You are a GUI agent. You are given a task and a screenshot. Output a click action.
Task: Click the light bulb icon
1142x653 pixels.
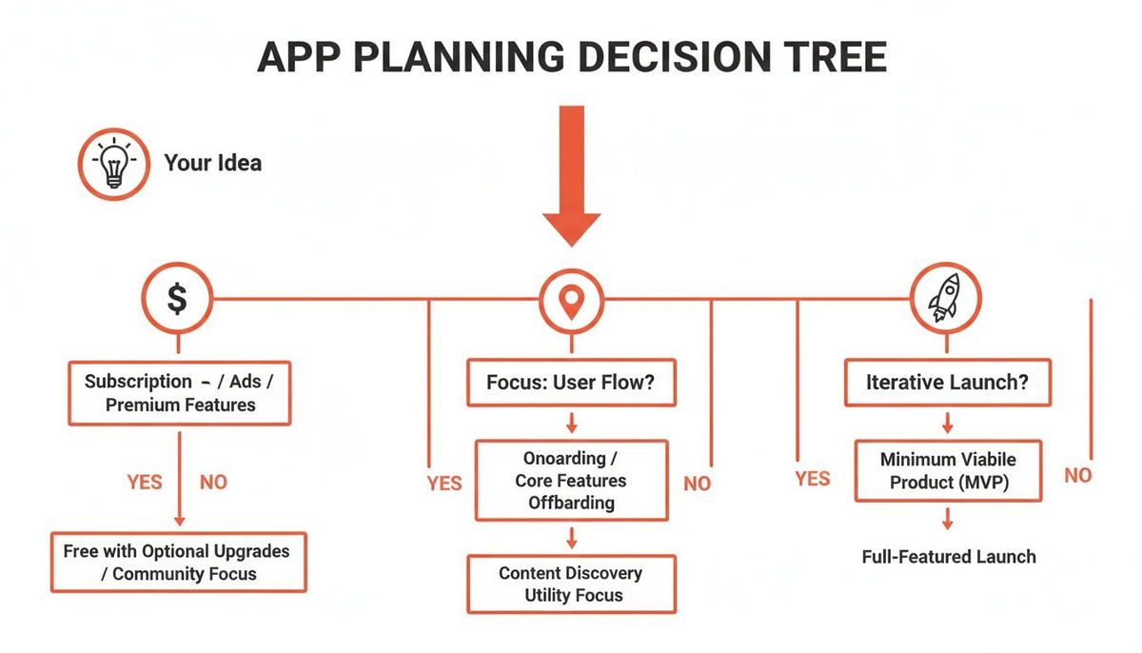pyautogui.click(x=113, y=164)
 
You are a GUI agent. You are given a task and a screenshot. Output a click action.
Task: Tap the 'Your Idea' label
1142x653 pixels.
pyautogui.click(x=212, y=163)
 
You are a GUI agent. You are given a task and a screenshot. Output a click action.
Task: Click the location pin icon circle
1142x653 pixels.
pyautogui.click(x=571, y=301)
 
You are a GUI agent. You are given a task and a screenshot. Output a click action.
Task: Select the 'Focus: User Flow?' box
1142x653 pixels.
pyautogui.click(x=571, y=384)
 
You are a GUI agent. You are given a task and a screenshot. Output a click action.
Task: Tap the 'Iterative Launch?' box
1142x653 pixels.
pyautogui.click(x=946, y=383)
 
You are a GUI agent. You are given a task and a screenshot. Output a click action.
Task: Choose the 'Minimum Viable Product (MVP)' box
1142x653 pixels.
pyautogui.click(x=948, y=470)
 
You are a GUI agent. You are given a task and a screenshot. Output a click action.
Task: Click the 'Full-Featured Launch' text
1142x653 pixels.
pyautogui.click(x=949, y=556)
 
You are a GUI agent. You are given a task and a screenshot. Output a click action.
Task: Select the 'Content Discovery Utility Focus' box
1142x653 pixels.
pyautogui.click(x=571, y=584)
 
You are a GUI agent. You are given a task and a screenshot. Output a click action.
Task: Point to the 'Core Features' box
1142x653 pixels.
pyautogui.click(x=571, y=480)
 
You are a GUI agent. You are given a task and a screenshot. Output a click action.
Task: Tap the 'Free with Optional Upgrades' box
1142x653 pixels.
pyautogui.click(x=177, y=562)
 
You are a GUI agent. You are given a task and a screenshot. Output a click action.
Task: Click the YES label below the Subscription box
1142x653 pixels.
pyautogui.click(x=145, y=482)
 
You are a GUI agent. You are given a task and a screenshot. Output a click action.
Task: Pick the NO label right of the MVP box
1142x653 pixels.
pyautogui.click(x=1077, y=475)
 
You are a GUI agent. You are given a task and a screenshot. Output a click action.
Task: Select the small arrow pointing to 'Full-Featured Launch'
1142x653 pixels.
pyautogui.click(x=947, y=520)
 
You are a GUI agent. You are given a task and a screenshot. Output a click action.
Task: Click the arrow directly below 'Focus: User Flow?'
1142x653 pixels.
pyautogui.click(x=571, y=422)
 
